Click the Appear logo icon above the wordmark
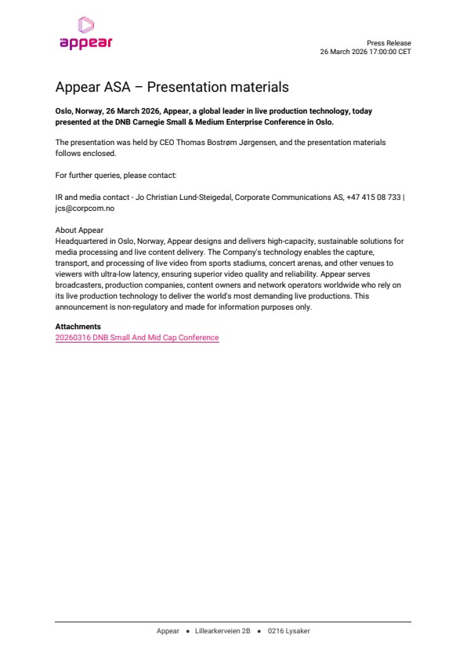(85, 26)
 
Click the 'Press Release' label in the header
(389, 43)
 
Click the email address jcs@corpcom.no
(85, 209)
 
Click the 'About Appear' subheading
(79, 230)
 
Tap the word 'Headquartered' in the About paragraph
(81, 241)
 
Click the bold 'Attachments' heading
(78, 327)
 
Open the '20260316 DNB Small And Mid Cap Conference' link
(137, 338)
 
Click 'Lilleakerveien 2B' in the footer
(223, 631)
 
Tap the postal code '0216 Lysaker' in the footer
(288, 631)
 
